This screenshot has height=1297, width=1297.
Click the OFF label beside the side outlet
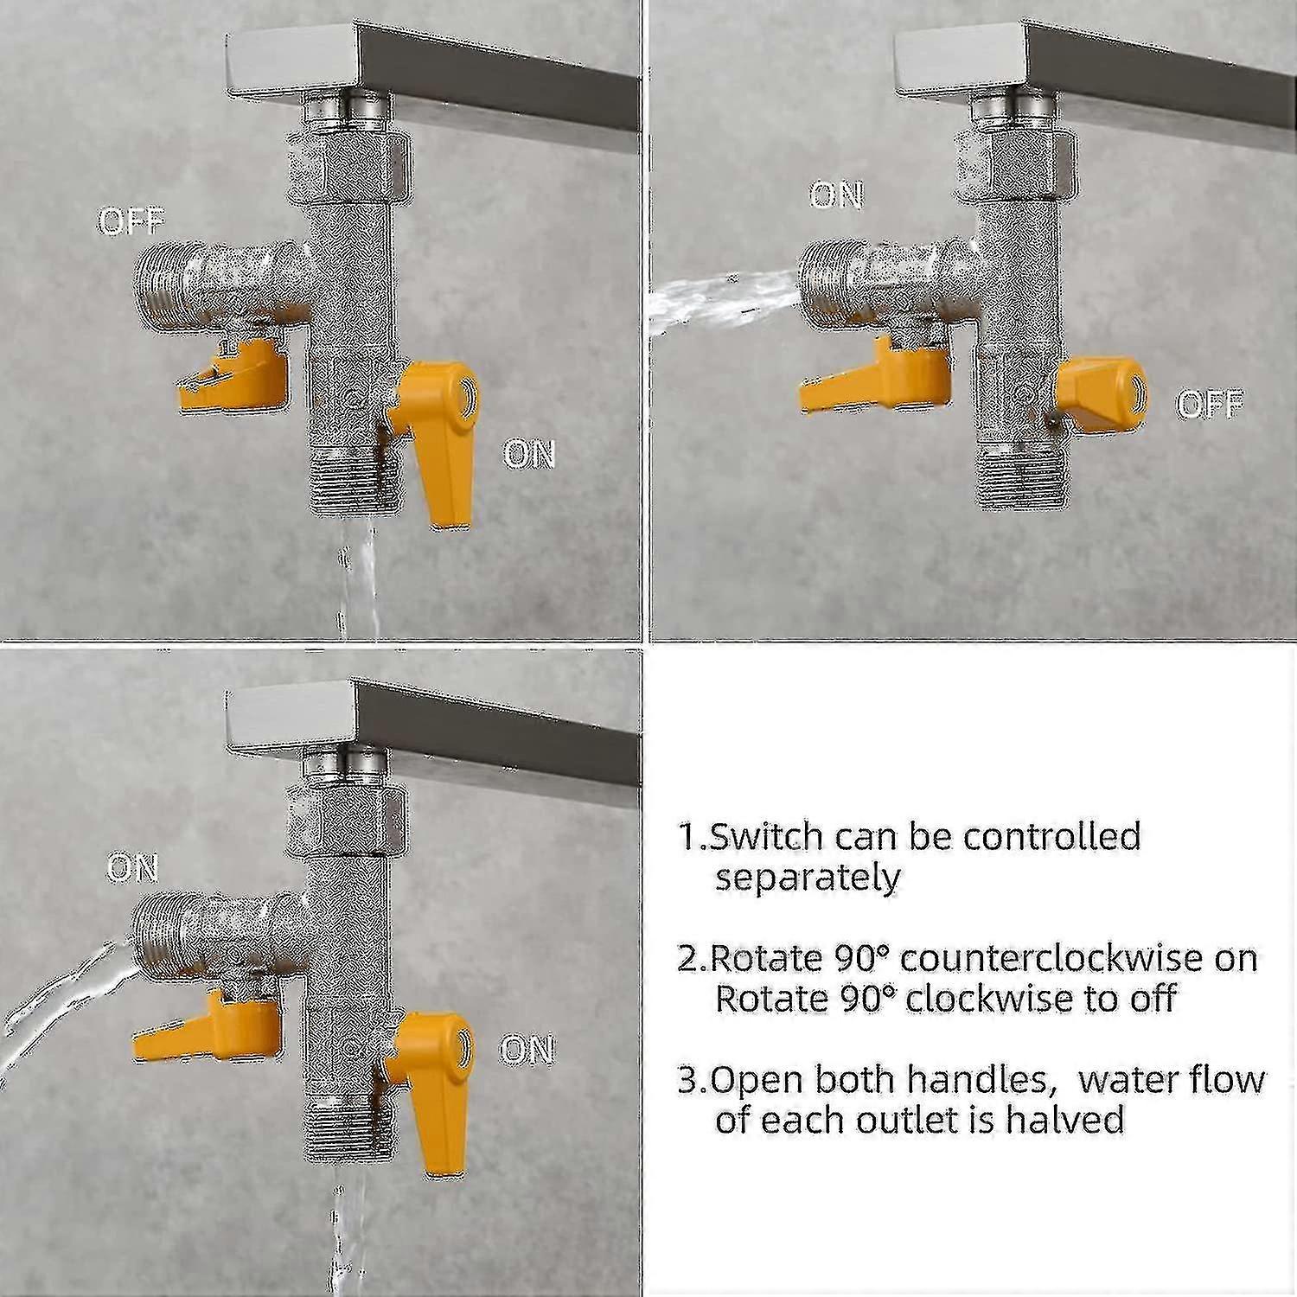tap(131, 222)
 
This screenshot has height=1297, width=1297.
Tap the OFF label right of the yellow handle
tap(1210, 405)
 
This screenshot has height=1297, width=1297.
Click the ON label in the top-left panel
tap(528, 453)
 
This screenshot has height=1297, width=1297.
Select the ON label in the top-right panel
tap(836, 195)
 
